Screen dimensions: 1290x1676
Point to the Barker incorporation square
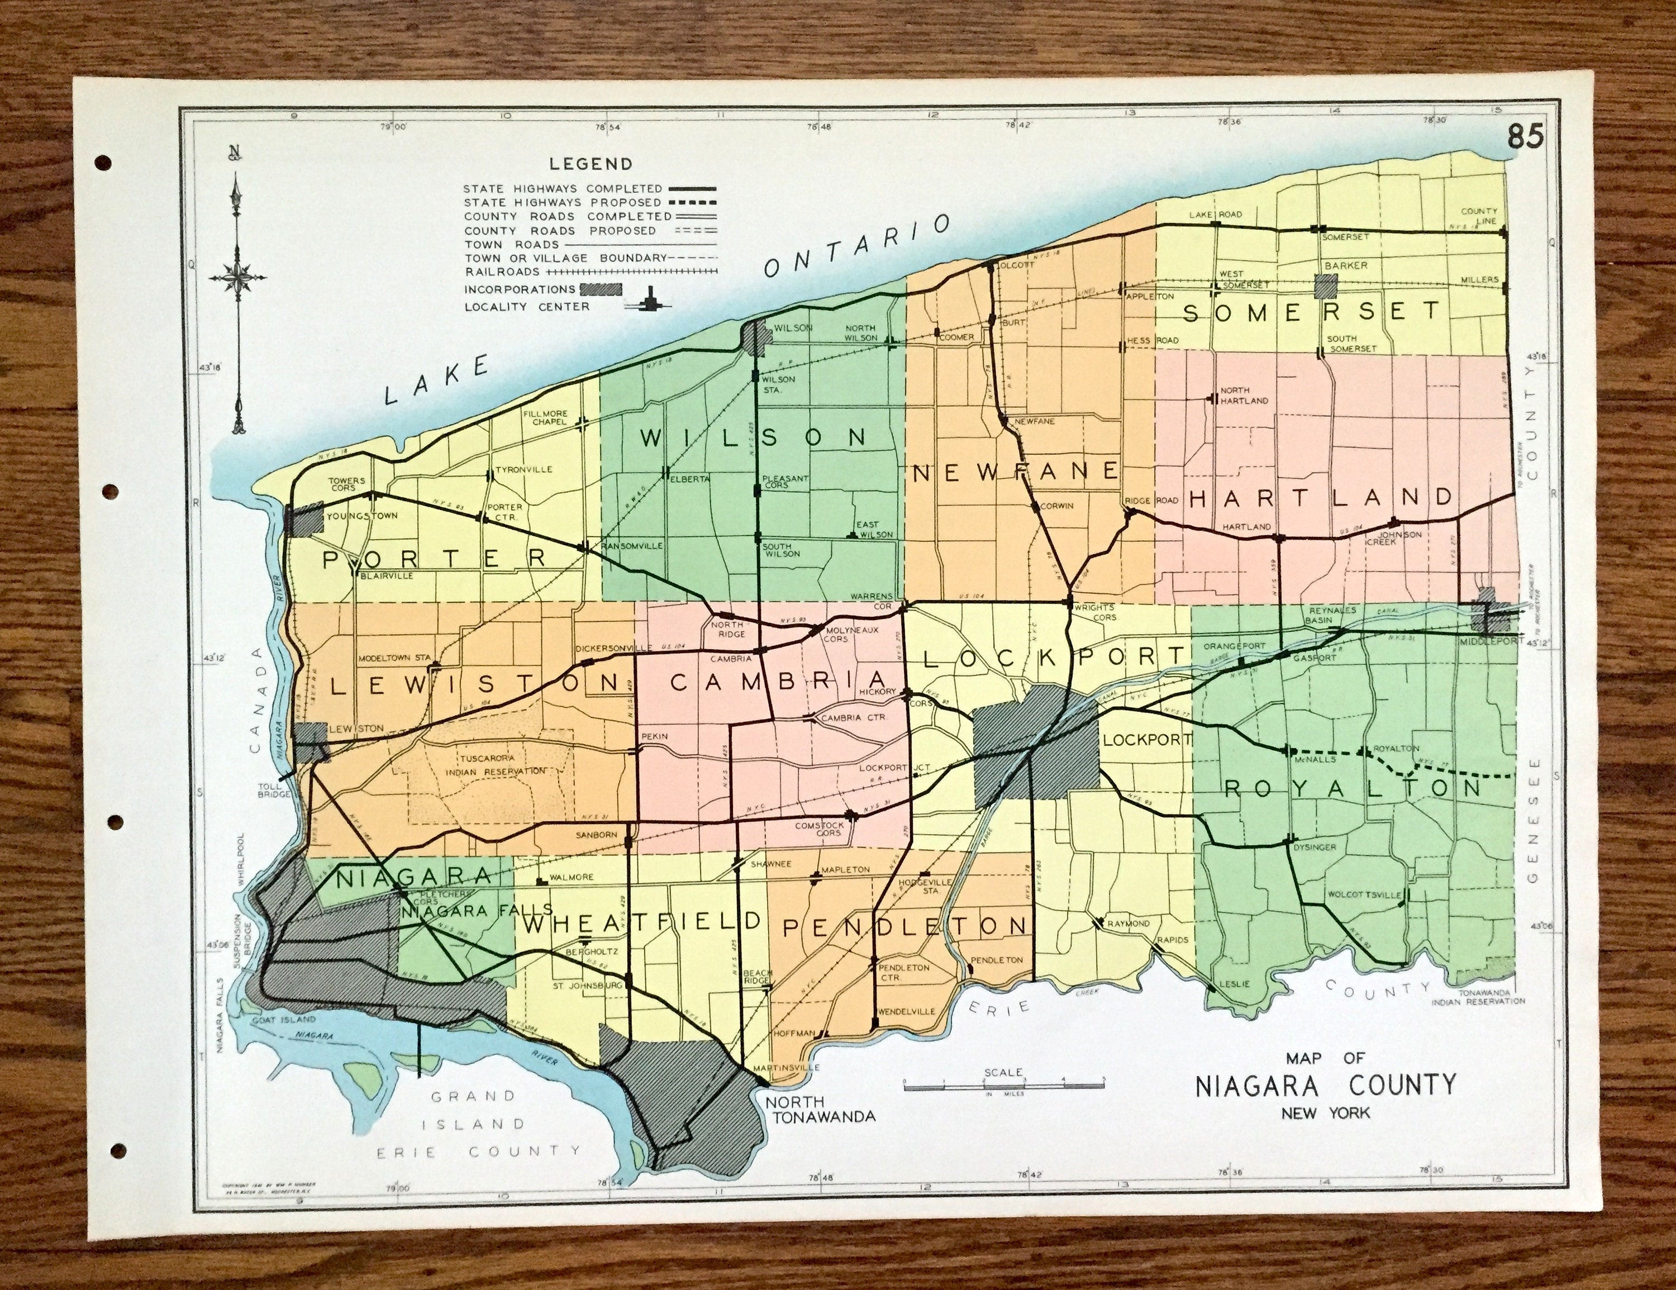click(1325, 286)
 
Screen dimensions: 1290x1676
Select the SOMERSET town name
click(1313, 312)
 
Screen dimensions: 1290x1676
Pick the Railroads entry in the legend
click(502, 272)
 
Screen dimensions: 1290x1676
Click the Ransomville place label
click(631, 546)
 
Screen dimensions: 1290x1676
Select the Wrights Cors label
click(1095, 612)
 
